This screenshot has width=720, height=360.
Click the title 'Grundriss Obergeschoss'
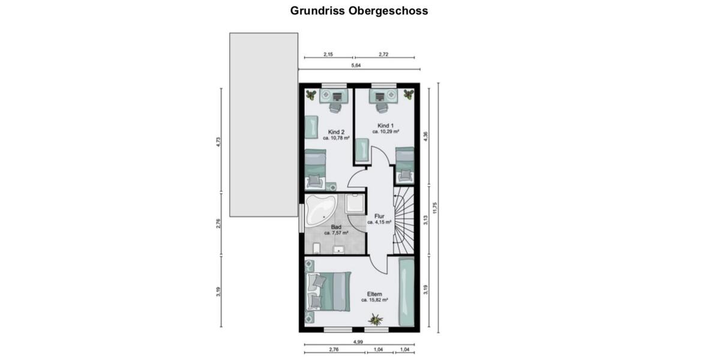pyautogui.click(x=359, y=10)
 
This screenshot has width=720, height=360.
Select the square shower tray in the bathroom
pyautogui.click(x=355, y=203)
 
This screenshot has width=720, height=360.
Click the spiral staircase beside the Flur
pyautogui.click(x=403, y=220)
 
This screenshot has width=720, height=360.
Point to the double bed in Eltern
pyautogui.click(x=329, y=292)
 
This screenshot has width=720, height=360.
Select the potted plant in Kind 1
pyautogui.click(x=409, y=94)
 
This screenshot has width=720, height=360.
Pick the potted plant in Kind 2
pyautogui.click(x=310, y=94)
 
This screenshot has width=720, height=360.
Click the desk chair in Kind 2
pyautogui.click(x=335, y=107)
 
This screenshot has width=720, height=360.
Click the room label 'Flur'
pyautogui.click(x=379, y=216)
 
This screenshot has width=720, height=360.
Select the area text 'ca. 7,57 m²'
pyautogui.click(x=336, y=233)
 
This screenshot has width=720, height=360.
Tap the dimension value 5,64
pyautogui.click(x=355, y=65)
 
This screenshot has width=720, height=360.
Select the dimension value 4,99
pyautogui.click(x=358, y=342)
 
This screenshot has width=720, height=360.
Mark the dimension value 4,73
pyautogui.click(x=219, y=142)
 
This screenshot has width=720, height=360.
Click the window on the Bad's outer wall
pyautogui.click(x=301, y=217)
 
